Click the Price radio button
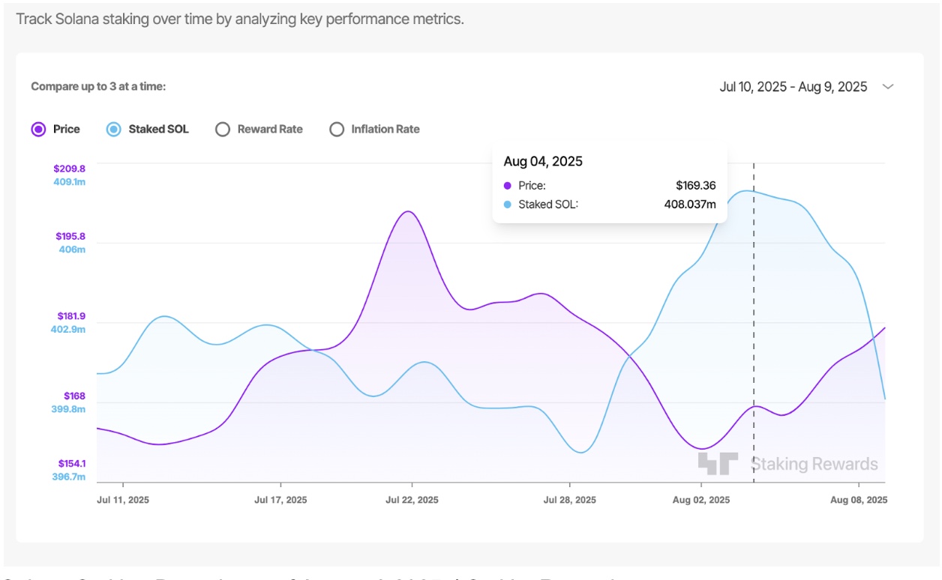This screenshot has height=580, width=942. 38,129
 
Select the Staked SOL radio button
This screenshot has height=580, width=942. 113,129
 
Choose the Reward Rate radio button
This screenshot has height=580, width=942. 222,129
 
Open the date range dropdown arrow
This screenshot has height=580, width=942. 888,87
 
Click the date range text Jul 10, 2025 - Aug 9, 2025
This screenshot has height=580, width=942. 793,87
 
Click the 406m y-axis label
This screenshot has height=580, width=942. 72,250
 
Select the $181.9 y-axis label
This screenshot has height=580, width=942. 70,316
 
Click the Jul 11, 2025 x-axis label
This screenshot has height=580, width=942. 123,500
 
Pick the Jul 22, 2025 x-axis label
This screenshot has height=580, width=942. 412,500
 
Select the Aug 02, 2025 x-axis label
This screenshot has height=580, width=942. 700,500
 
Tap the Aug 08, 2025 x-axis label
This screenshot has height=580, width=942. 859,500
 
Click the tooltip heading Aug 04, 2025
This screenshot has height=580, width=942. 543,161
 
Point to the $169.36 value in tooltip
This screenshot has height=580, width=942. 695,185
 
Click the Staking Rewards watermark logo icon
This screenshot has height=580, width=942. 718,464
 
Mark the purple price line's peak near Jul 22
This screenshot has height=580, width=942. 408,211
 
